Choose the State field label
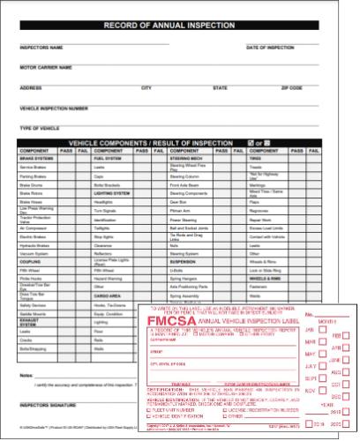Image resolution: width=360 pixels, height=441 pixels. coord(220,87)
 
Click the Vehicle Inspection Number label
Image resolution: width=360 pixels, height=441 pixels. coord(53,108)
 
